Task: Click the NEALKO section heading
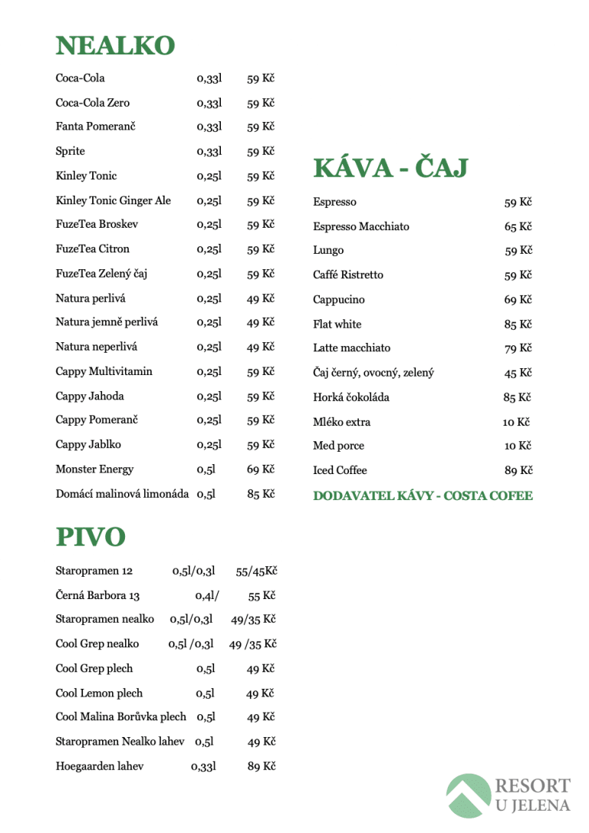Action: click(115, 46)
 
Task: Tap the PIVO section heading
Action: click(90, 537)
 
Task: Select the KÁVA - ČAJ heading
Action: click(390, 168)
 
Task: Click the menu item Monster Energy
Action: click(94, 469)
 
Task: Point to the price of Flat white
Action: click(518, 324)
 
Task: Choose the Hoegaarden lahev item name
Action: click(100, 766)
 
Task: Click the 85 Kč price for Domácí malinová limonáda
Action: click(261, 494)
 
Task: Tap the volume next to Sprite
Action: click(209, 152)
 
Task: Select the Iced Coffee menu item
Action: click(340, 470)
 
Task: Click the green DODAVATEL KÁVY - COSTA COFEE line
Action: click(423, 496)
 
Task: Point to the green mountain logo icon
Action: click(469, 795)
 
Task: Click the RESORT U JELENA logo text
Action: click(532, 795)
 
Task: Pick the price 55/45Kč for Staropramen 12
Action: click(256, 571)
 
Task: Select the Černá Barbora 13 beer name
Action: click(97, 596)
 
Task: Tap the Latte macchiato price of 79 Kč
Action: click(518, 349)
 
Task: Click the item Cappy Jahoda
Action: click(90, 397)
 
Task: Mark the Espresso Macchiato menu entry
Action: click(361, 227)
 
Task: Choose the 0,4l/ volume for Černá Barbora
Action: click(207, 596)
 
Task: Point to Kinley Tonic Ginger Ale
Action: click(114, 201)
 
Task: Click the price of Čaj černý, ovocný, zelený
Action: click(518, 374)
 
